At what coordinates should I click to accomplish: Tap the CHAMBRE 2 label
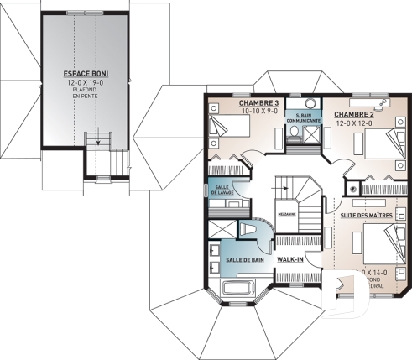point(353,113)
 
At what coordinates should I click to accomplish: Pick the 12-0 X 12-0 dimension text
point(353,123)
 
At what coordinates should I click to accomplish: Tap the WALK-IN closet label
point(289,260)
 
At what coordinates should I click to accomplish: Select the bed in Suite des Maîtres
point(384,248)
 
